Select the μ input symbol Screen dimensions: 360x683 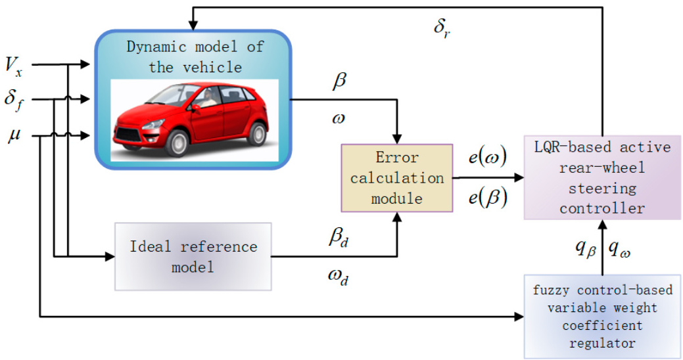coord(13,137)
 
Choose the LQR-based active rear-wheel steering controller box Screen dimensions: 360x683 coord(600,177)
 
